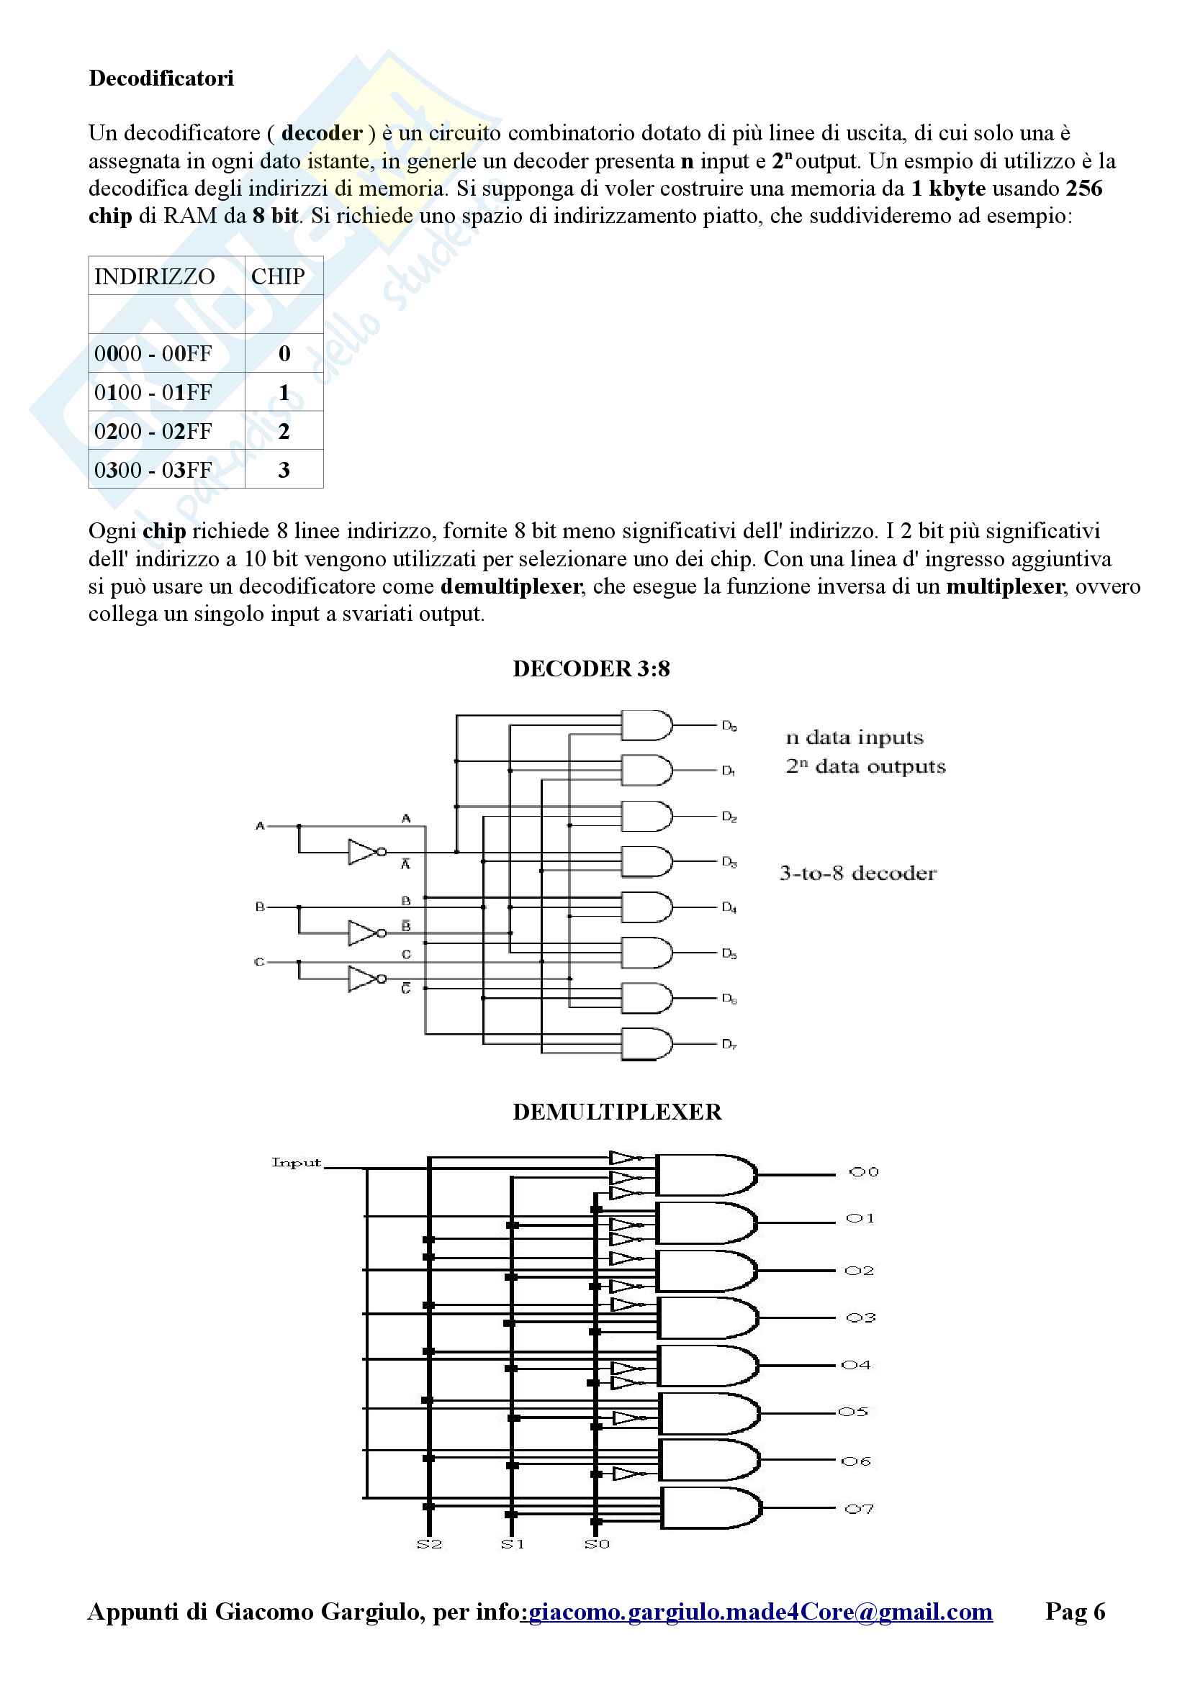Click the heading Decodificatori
pos(161,78)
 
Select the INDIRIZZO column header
pos(155,276)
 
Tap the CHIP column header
pos(278,276)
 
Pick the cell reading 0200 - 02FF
pos(153,431)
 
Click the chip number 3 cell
pos(284,470)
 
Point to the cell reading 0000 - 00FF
pos(153,354)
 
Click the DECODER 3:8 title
pos(591,668)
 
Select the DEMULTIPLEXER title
pos(617,1112)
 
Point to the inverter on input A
pos(364,852)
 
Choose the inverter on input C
pos(364,979)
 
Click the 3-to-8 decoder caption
pos(858,873)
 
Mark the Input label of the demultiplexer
pos(296,1163)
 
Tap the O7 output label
pos(860,1510)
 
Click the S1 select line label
pos(513,1544)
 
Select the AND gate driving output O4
pos(708,1366)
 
